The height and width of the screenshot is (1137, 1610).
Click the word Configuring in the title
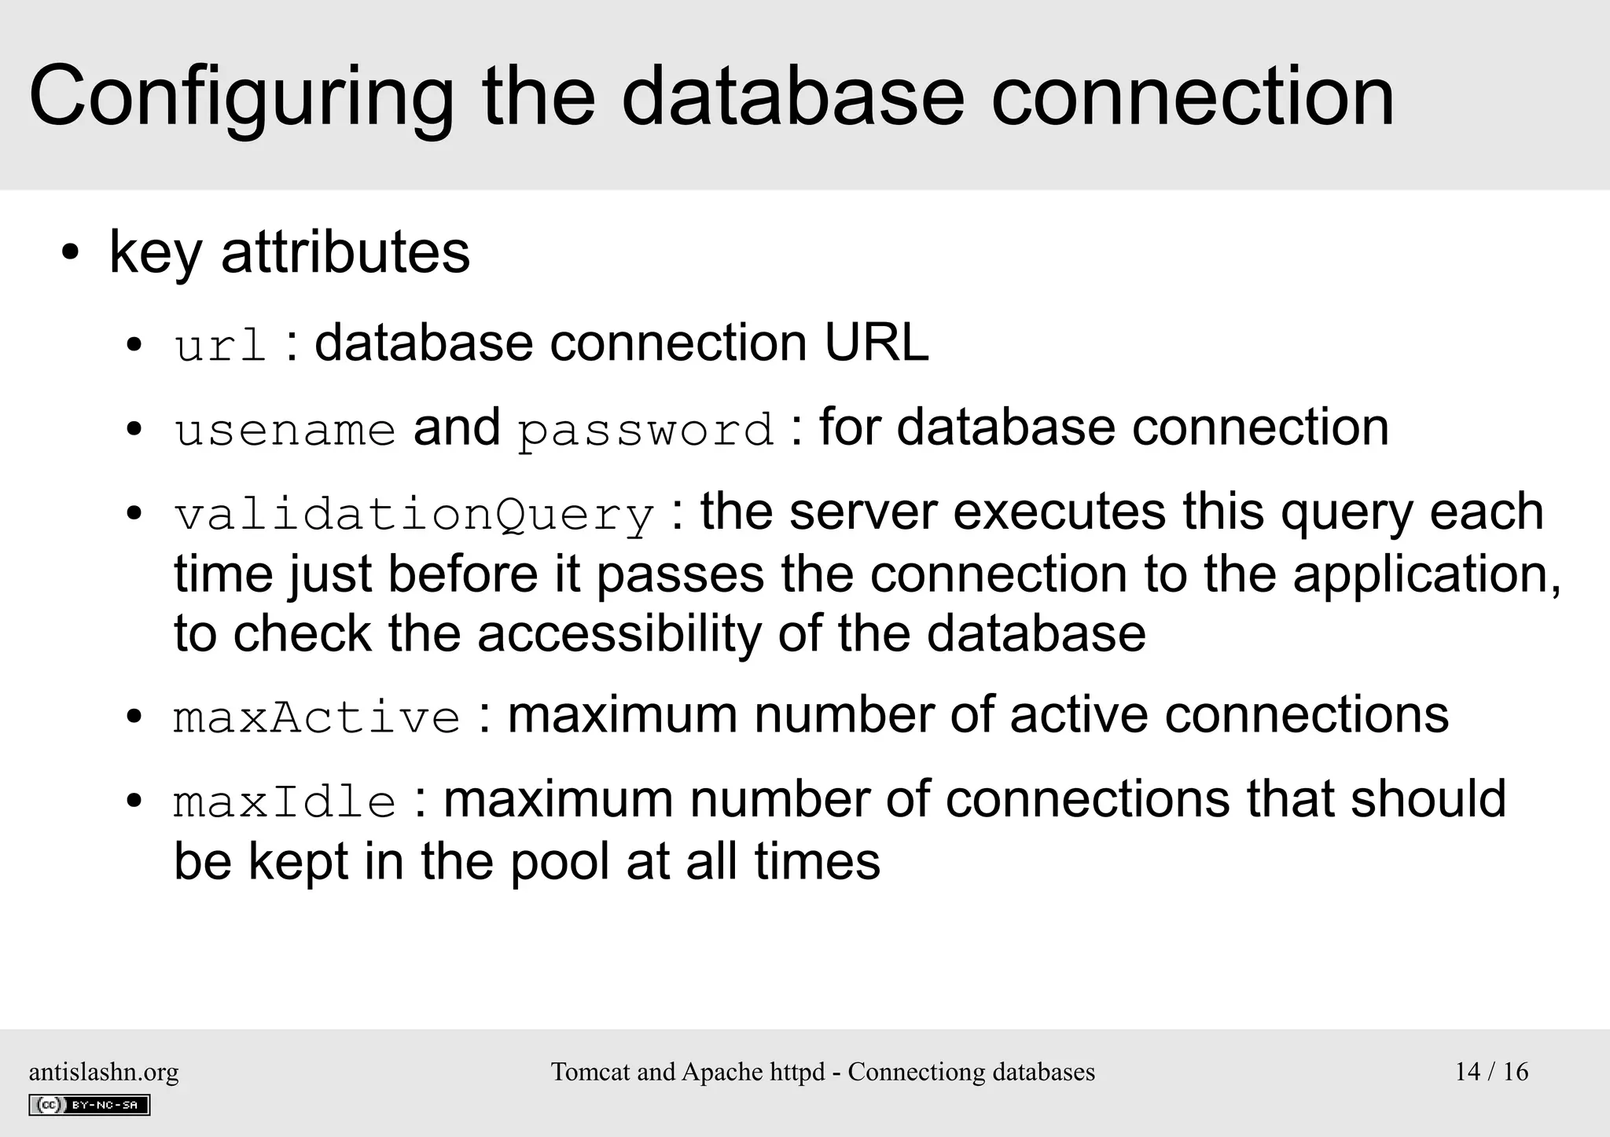(x=241, y=97)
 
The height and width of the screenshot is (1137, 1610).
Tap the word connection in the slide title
(x=1192, y=97)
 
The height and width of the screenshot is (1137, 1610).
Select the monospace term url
(x=220, y=346)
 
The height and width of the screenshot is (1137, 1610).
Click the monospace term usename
(x=285, y=431)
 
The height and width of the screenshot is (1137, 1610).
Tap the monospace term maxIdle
(x=285, y=802)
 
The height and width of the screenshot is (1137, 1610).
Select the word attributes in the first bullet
(x=345, y=252)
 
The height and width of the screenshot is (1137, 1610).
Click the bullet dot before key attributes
(x=71, y=255)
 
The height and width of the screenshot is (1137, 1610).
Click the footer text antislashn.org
(x=104, y=1072)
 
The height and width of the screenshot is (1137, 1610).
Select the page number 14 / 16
(x=1491, y=1072)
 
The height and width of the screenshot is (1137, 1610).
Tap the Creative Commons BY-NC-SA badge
(x=89, y=1105)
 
